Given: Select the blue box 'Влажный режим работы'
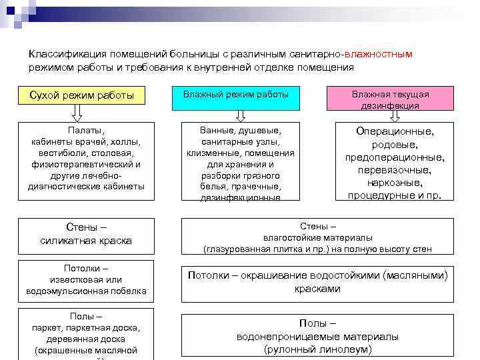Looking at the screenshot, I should (x=236, y=96).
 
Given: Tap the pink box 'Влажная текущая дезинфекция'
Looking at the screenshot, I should (x=390, y=99).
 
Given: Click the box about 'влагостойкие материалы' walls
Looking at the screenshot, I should (x=317, y=237).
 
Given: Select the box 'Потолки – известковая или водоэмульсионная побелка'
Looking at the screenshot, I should (x=86, y=280).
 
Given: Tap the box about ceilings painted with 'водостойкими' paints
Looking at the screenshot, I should (x=317, y=281).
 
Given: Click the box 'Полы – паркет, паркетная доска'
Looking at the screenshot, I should (x=86, y=333).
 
